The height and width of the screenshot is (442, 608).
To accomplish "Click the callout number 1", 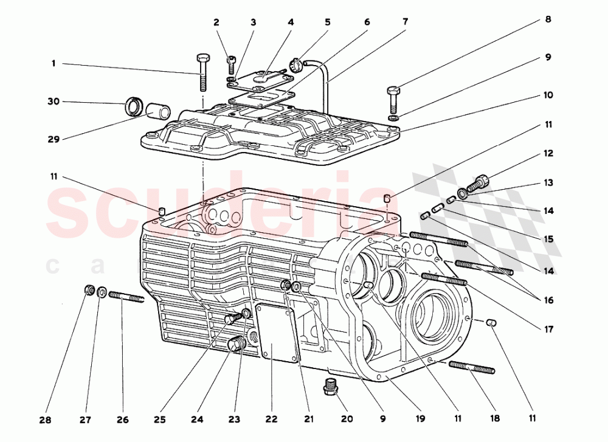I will [54, 63].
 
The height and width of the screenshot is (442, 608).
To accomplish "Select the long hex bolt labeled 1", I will [202, 73].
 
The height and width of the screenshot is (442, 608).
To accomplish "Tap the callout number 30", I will [54, 102].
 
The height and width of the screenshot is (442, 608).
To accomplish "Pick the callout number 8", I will [548, 20].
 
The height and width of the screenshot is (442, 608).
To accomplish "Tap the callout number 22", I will [271, 420].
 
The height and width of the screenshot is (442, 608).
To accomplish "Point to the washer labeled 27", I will [102, 294].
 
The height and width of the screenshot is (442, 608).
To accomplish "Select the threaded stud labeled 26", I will [126, 297].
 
